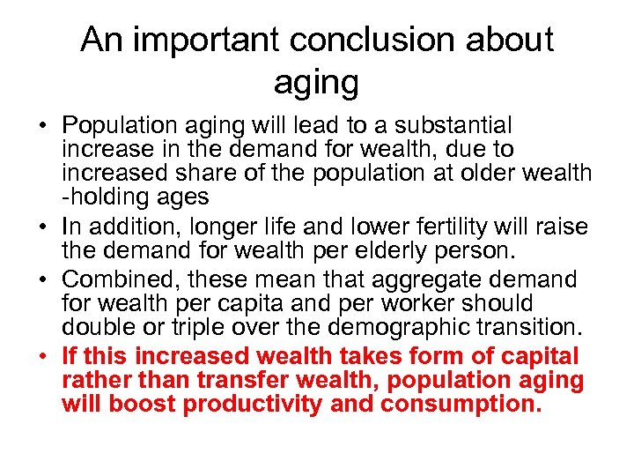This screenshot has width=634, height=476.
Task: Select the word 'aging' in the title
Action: pyautogui.click(x=316, y=83)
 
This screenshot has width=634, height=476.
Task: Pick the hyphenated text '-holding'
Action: pyautogui.click(x=103, y=197)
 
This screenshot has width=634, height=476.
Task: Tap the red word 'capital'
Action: pyautogui.click(x=535, y=356)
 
